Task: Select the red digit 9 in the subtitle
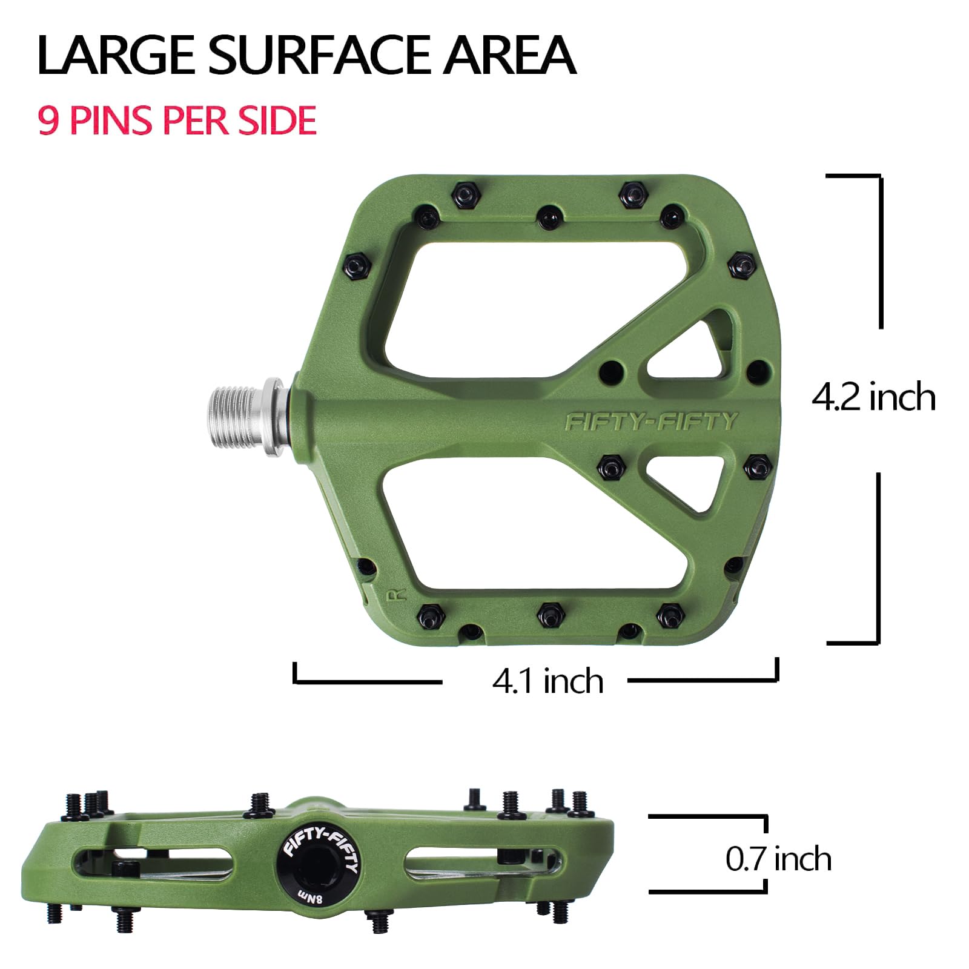click(48, 120)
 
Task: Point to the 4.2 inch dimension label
click(873, 398)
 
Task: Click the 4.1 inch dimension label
click(547, 681)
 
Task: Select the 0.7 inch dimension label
click(778, 859)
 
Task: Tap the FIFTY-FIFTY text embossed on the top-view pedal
click(651, 422)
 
